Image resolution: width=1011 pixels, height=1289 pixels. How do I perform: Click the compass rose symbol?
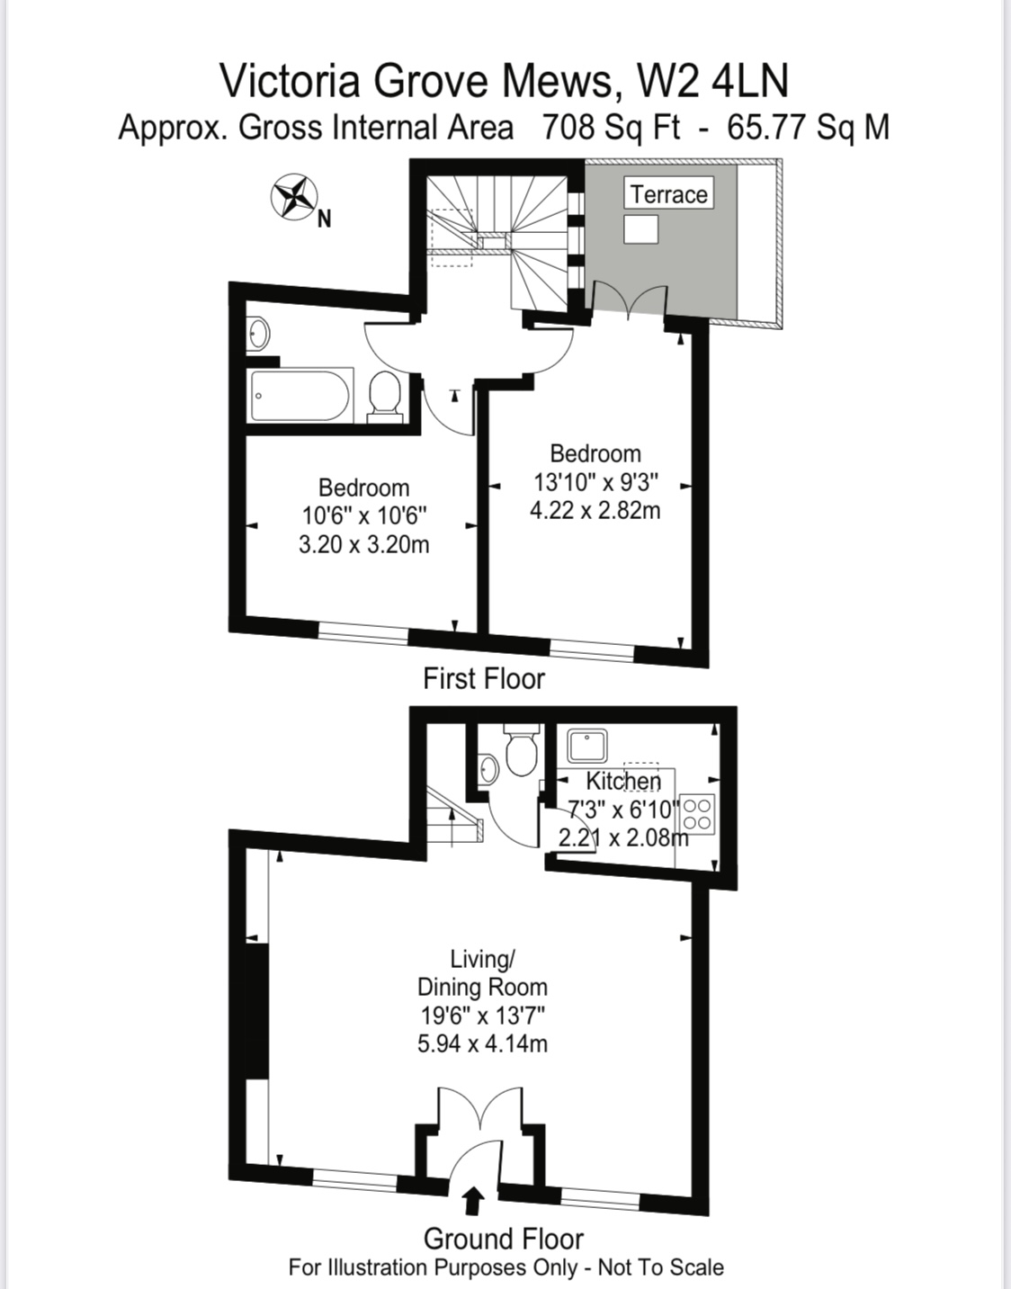coord(293,198)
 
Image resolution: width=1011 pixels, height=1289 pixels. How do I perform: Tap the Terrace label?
coord(668,194)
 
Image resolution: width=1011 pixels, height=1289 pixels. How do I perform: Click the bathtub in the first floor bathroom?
coord(300,395)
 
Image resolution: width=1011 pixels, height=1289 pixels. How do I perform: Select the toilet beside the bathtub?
coord(385,397)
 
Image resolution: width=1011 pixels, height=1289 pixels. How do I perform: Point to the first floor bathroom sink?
coord(258,334)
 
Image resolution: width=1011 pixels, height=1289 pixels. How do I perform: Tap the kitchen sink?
coord(587,745)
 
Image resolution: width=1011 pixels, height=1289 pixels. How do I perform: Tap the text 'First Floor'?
coord(484,678)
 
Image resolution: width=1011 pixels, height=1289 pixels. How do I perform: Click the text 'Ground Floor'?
coord(504,1239)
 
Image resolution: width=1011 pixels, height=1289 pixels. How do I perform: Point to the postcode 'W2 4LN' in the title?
coord(712,81)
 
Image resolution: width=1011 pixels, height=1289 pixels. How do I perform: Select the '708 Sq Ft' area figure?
coord(612,127)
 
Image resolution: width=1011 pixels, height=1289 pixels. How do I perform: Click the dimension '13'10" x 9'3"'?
coord(596,482)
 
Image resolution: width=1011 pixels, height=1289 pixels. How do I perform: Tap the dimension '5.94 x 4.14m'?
coord(483,1043)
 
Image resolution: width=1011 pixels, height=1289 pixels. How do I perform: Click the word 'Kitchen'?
coord(623,781)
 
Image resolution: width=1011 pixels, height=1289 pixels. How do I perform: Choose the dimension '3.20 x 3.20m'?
coord(364,544)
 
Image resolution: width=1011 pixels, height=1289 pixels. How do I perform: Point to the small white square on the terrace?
coord(640,229)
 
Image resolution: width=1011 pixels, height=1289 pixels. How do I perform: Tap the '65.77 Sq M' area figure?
coord(809,127)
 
